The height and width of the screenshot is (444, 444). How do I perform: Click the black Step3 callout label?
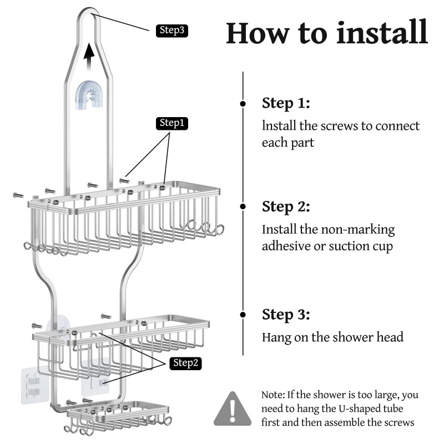tap(172, 31)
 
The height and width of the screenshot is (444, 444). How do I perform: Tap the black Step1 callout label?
tap(171, 123)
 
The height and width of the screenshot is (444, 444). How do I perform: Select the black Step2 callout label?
tap(184, 363)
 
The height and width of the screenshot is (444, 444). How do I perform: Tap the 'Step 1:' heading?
tap(286, 103)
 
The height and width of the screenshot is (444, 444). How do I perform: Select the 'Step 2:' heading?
tap(286, 206)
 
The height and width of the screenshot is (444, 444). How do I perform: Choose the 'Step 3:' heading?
tap(286, 315)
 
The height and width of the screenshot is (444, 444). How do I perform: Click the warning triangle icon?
tap(233, 408)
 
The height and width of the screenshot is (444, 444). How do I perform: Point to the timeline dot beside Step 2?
tap(243, 206)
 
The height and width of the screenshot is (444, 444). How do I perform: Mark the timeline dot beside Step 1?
tap(243, 104)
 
